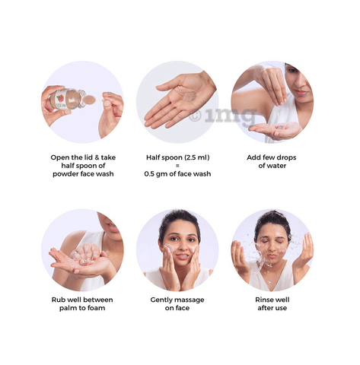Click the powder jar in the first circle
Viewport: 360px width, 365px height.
click(68, 100)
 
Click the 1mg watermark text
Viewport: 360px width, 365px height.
click(223, 116)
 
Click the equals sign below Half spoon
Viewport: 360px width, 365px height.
click(177, 166)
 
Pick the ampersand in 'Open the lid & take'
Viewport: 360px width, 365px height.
click(97, 157)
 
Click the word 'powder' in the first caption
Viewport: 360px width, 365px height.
click(65, 174)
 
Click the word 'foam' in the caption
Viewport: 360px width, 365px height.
click(96, 308)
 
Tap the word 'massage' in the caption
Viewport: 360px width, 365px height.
click(190, 300)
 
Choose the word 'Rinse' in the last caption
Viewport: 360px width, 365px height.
click(264, 300)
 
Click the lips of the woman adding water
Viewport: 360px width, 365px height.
click(301, 94)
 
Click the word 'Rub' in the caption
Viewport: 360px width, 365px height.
click(58, 300)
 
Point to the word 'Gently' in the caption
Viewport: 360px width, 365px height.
click(161, 300)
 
